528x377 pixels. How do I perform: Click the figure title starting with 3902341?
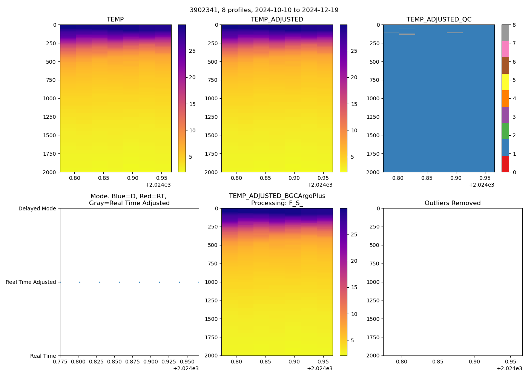[264, 10]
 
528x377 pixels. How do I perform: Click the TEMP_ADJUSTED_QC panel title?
[439, 20]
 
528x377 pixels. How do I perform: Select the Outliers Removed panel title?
[453, 203]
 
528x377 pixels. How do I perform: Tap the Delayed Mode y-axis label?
[37, 208]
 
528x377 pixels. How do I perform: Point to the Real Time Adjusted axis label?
[31, 282]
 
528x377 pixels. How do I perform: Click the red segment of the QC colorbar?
[505, 164]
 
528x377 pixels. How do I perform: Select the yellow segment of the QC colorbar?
[505, 82]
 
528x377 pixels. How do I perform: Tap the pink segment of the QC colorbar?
[505, 49]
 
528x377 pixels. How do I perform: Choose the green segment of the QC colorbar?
[505, 131]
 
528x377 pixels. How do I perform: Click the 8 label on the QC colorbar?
[514, 25]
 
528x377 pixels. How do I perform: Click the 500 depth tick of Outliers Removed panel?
[375, 245]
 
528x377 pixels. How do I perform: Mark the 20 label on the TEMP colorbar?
[192, 77]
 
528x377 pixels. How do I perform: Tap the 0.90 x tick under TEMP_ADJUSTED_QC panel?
[456, 178]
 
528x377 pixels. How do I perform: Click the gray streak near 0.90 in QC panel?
[455, 33]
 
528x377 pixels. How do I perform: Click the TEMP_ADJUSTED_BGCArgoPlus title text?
[277, 196]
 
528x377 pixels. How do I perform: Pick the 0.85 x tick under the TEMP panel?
[104, 178]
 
